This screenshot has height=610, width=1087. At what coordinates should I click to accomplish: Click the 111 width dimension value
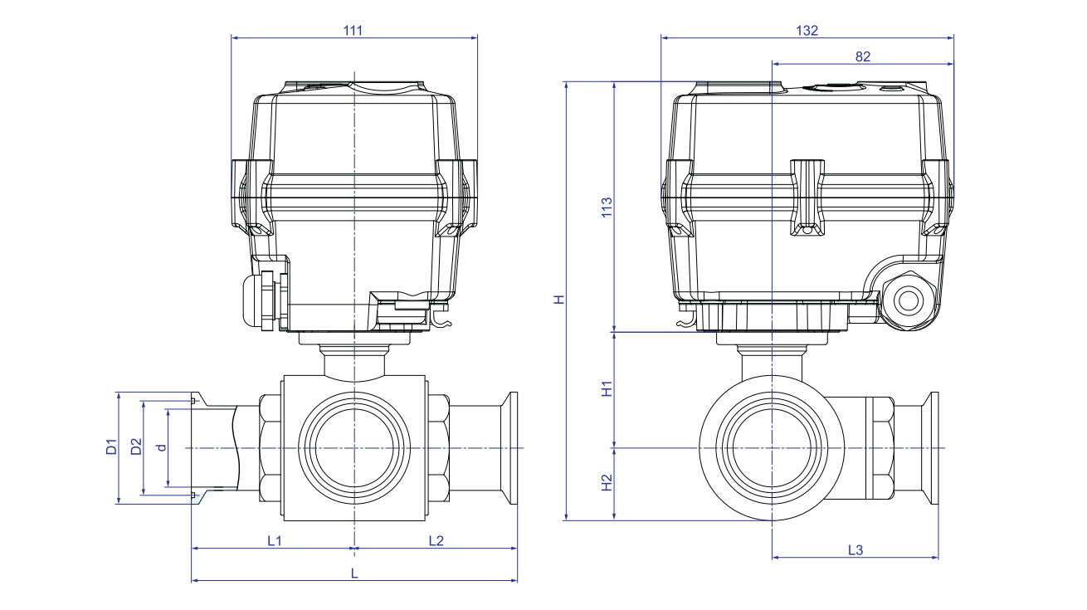pos(353,30)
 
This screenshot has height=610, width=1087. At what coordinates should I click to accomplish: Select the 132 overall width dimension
pos(807,30)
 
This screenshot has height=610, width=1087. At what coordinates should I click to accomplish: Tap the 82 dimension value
pos(862,56)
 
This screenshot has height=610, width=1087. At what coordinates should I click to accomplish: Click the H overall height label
pos(560,299)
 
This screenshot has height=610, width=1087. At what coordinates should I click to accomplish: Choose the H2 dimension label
pos(607,483)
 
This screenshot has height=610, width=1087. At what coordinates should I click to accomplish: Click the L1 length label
pos(274,541)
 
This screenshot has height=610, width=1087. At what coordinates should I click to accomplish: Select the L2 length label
pos(436,541)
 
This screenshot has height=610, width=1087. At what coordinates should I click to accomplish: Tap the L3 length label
pos(855,550)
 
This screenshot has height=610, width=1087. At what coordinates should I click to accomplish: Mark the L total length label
pos(354,573)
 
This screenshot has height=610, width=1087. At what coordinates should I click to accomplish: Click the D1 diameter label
pos(111,447)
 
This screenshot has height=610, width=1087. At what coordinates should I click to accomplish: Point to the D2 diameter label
pos(136,447)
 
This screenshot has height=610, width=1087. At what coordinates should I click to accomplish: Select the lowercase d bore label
pos(162,447)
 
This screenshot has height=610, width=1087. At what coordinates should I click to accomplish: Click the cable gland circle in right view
pos(905,299)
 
